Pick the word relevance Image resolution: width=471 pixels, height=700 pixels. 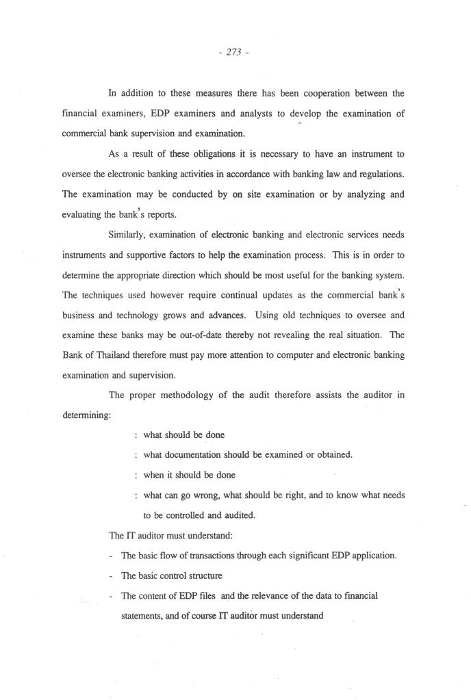tap(260, 595)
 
